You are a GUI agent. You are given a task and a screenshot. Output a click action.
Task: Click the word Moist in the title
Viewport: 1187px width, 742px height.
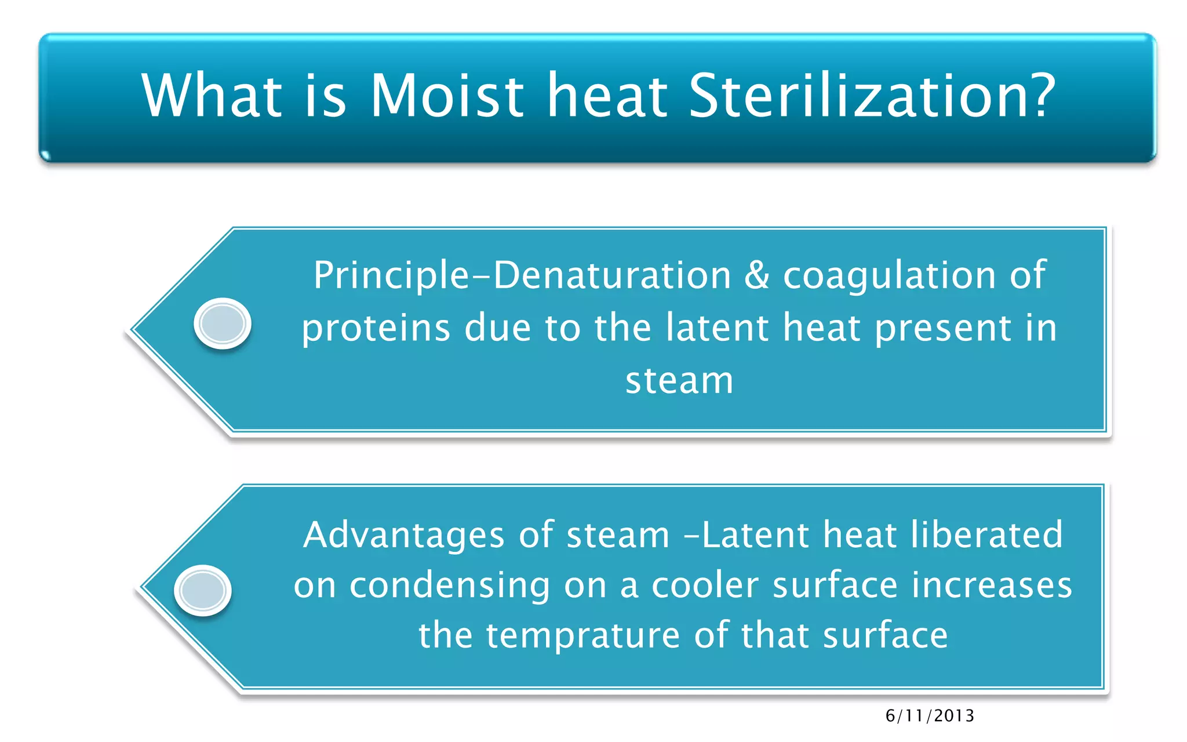tap(446, 96)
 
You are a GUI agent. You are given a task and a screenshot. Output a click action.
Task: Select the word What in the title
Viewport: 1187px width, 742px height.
tap(212, 96)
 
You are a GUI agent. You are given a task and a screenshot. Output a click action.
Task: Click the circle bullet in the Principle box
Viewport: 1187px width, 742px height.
tap(222, 323)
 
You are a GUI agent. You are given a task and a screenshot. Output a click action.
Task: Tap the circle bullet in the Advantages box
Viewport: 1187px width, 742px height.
tap(203, 590)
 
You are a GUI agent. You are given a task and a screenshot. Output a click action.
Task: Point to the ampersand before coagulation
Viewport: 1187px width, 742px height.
tap(756, 275)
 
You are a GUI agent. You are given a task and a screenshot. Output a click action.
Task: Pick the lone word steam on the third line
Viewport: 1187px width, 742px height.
tap(679, 381)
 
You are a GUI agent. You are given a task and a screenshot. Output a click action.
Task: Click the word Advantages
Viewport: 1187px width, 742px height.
tap(403, 534)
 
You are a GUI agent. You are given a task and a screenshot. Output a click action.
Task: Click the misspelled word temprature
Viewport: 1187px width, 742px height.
tap(582, 636)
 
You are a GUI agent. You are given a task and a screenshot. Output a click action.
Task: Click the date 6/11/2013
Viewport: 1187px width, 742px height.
tap(930, 716)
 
